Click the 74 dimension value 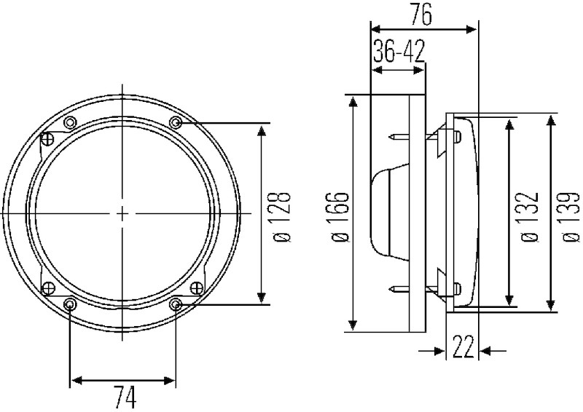tap(125, 397)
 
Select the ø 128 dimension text tap(281, 217)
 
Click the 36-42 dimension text tap(399, 51)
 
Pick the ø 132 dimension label tap(529, 218)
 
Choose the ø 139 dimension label tap(571, 218)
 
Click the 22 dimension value tap(462, 346)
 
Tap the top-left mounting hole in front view tap(70, 122)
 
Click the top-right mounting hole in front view tap(176, 122)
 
